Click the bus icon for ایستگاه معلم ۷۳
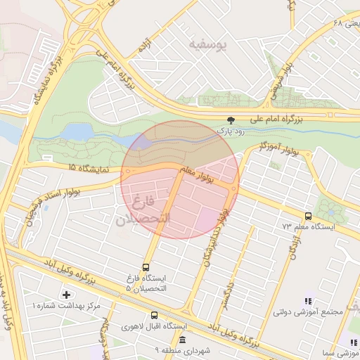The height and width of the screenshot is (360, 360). point(308,217)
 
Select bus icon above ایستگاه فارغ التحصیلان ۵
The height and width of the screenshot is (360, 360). point(146,267)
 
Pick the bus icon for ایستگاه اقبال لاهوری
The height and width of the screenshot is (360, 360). point(154,316)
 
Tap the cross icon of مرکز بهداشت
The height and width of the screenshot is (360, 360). point(66,294)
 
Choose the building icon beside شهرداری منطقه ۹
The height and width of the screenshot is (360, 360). point(182,340)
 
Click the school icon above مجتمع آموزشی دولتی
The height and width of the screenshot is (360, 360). point(306,300)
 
